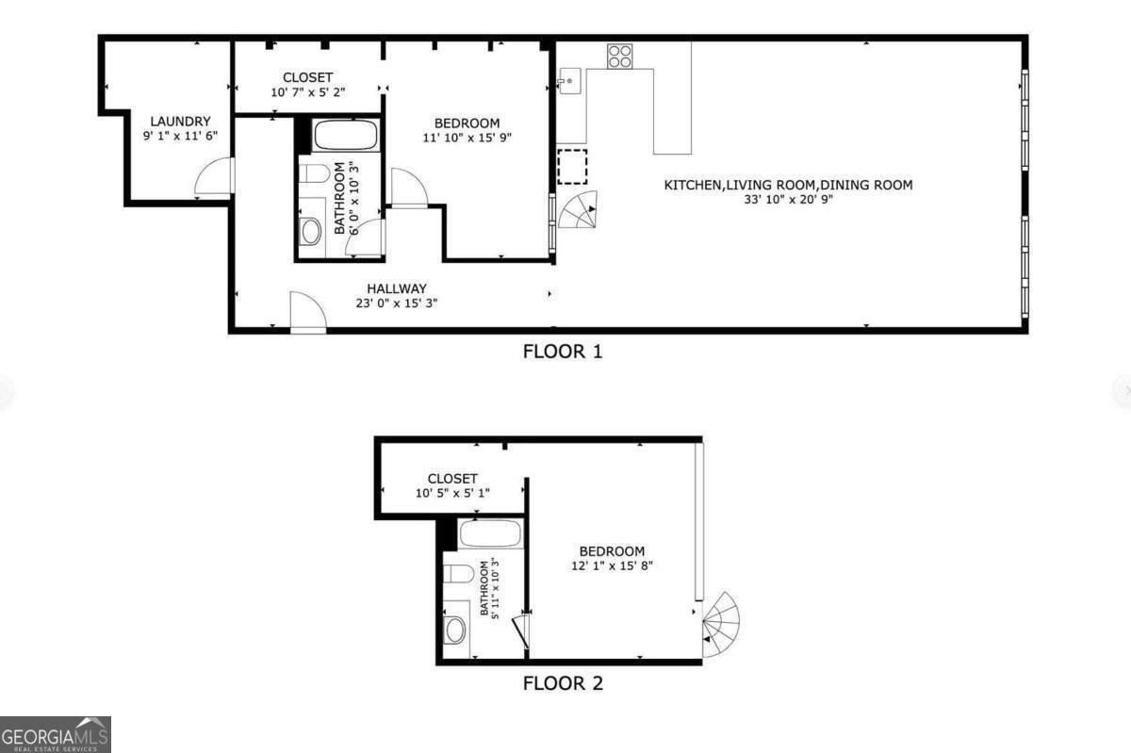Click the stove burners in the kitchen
[619, 57]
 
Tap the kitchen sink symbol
[569, 81]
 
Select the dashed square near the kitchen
[572, 166]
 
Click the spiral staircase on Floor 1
[579, 210]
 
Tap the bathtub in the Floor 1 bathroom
[345, 136]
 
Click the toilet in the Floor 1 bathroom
[314, 173]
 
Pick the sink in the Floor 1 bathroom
[310, 232]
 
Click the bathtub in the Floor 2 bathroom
[490, 534]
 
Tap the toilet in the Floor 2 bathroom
[459, 573]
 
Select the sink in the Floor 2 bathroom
[456, 629]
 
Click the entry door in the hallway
[307, 311]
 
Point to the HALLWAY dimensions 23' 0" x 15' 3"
[397, 303]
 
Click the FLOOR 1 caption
[563, 352]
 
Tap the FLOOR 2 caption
[563, 683]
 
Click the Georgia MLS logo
[56, 734]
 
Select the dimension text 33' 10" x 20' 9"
[788, 199]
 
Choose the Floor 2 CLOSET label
[452, 479]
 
